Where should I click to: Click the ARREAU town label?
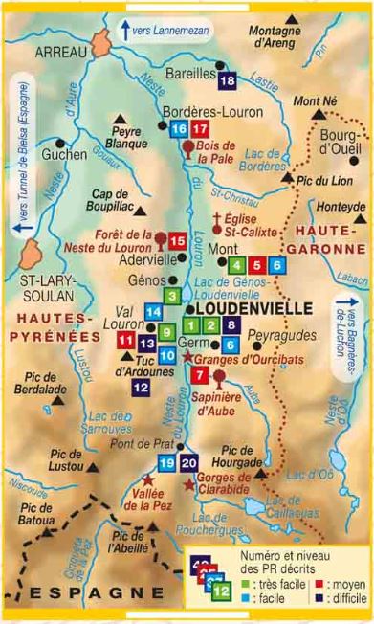(60, 54)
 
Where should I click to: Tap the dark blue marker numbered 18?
(227, 80)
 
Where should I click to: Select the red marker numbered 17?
(199, 130)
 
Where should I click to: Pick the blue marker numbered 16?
(178, 130)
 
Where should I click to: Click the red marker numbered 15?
(178, 242)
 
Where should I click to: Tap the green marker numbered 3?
(172, 297)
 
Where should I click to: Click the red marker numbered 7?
(199, 375)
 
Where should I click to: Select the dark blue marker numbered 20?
(189, 463)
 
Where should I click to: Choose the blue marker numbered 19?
(167, 463)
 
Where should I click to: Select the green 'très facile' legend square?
(246, 582)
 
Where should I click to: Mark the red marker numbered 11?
(125, 340)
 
